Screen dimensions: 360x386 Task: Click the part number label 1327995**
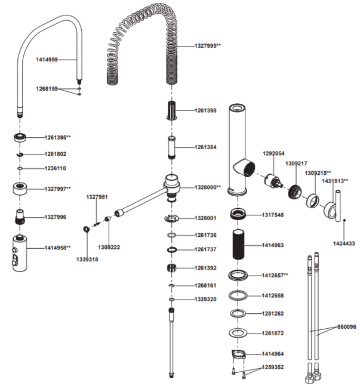[208, 46]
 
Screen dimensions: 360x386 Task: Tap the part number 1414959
[47, 60]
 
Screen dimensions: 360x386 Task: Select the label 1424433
[344, 243]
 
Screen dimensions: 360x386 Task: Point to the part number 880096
[347, 327]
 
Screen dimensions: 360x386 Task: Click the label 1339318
[87, 260]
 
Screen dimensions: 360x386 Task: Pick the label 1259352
[272, 367]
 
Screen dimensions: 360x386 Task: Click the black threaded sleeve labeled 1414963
[238, 245]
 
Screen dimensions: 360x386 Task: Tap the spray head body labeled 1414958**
[20, 254]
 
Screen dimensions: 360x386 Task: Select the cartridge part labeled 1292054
[273, 182]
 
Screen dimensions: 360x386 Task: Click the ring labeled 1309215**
[313, 200]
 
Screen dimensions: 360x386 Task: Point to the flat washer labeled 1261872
[238, 333]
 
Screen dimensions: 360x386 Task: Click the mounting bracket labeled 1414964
[239, 355]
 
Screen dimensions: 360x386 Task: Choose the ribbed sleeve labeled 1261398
[172, 110]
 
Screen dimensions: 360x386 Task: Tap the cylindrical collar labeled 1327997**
[20, 189]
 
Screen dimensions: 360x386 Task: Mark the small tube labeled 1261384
[172, 147]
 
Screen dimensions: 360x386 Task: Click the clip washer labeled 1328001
[172, 218]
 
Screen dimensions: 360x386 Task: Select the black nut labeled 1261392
[171, 268]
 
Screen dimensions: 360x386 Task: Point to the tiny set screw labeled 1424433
[344, 220]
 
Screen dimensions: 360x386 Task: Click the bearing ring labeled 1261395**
[20, 137]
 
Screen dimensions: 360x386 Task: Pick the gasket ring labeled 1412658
[238, 295]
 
